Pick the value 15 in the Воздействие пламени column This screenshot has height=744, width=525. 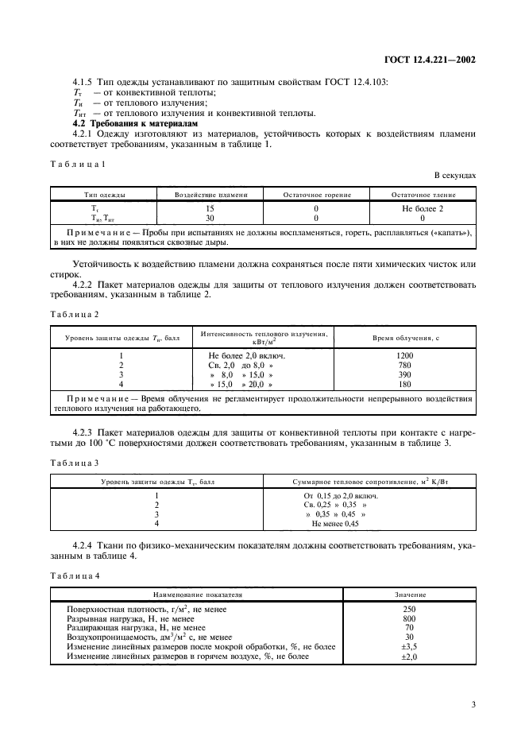210,208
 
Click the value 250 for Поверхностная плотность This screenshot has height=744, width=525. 410,610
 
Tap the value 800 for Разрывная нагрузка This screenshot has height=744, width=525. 410,618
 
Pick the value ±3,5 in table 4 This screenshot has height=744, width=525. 410,647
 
